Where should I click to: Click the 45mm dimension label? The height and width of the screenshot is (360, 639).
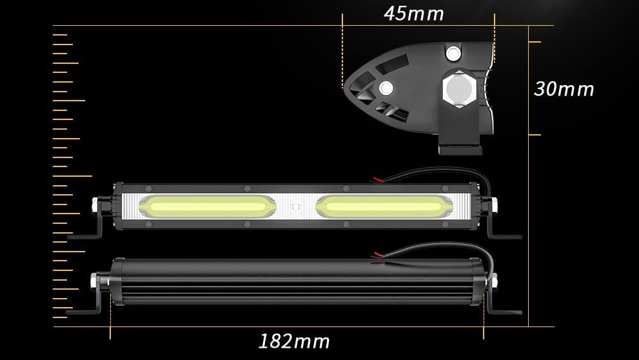pyautogui.click(x=413, y=14)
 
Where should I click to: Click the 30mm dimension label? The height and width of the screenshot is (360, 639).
pyautogui.click(x=564, y=89)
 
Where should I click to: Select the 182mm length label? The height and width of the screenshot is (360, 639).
pyautogui.click(x=294, y=341)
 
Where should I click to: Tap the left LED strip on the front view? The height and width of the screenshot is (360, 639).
pyautogui.click(x=207, y=206)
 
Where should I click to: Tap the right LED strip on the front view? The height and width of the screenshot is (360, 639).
pyautogui.click(x=384, y=206)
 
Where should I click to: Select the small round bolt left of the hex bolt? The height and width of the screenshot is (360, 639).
pyautogui.click(x=386, y=88)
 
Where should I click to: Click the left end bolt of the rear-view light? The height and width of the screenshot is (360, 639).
pyautogui.click(x=95, y=280)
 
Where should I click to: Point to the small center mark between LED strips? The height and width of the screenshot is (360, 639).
pyautogui.click(x=297, y=207)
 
